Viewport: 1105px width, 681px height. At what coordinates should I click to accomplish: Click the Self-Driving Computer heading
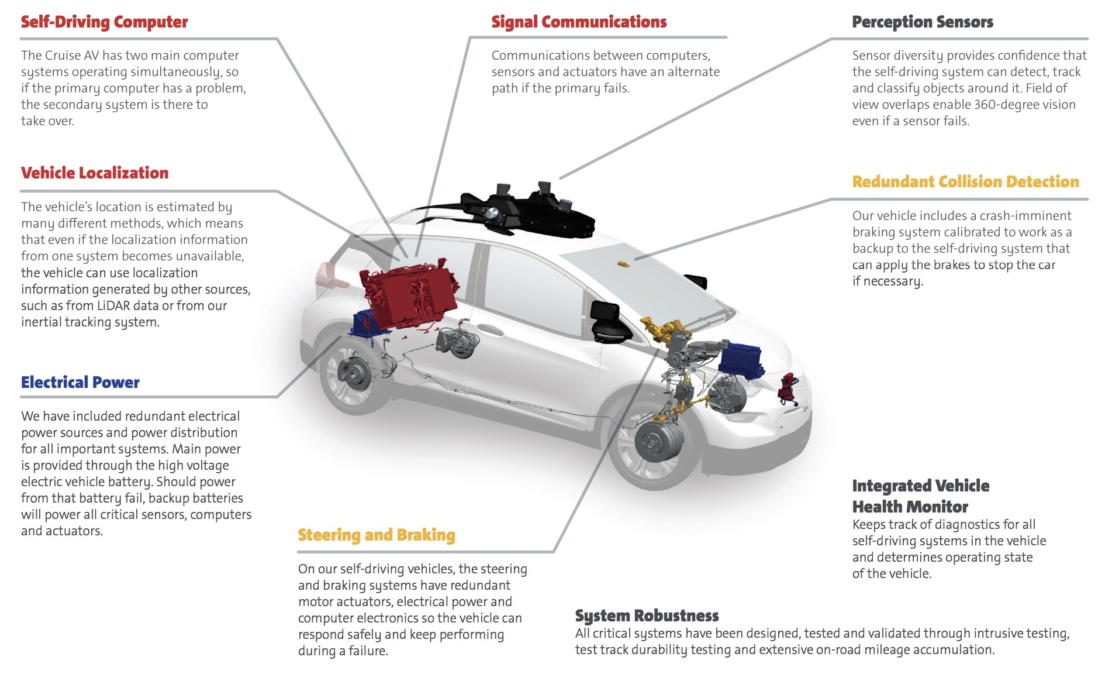(x=104, y=22)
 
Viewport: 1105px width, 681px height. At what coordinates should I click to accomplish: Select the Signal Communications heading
(x=579, y=22)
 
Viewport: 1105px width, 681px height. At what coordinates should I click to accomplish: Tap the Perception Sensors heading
(x=922, y=22)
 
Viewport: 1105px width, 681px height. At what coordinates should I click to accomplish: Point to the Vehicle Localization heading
(x=95, y=173)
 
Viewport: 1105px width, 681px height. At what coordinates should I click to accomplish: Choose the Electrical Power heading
(x=80, y=383)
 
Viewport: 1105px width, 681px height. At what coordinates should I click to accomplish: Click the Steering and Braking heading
(x=377, y=535)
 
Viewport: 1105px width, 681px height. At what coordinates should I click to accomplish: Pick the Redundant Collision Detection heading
(x=965, y=182)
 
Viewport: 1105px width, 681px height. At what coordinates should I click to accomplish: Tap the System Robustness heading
(x=647, y=616)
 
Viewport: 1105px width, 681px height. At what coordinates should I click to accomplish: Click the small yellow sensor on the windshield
(x=624, y=264)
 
